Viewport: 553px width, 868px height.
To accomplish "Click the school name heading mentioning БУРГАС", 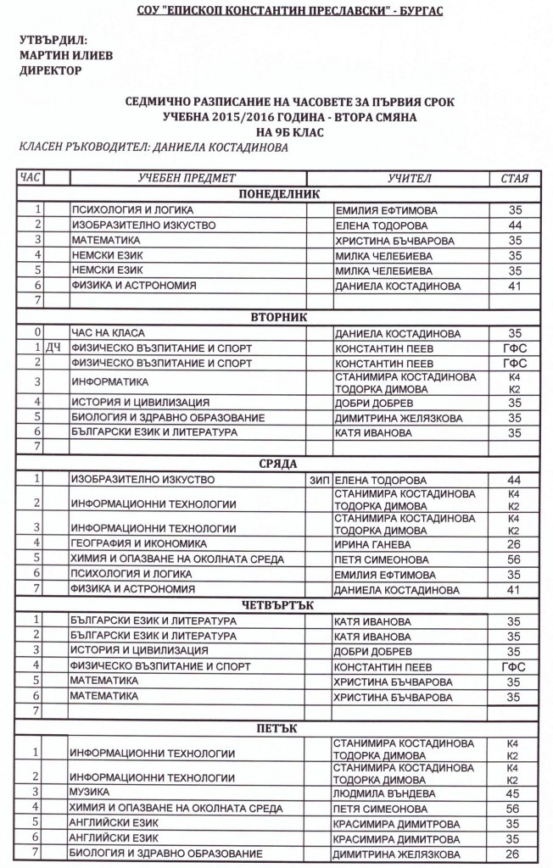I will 277,11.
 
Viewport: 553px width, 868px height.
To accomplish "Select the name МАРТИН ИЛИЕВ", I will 59,55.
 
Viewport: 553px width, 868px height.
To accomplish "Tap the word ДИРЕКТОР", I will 50,70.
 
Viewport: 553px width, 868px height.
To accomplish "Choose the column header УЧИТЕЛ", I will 410,179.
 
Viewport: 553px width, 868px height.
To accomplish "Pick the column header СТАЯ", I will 514,179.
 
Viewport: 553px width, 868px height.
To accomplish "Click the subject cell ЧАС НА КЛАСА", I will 109,333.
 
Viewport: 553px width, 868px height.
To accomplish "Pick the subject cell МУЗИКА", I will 90,793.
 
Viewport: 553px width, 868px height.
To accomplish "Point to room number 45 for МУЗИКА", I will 512,793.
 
